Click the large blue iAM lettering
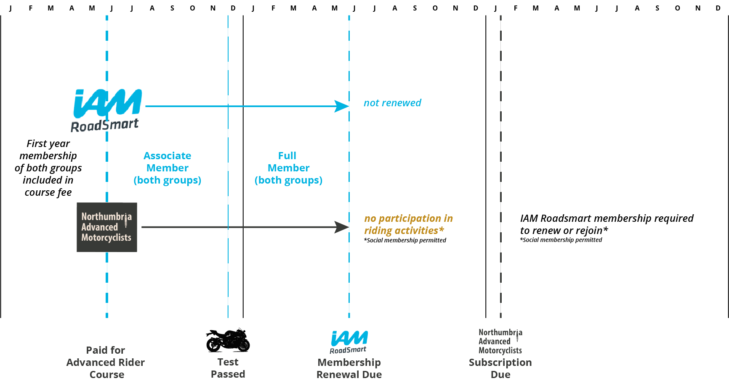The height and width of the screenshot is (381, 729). point(107,103)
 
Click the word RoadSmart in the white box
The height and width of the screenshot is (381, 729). point(104,125)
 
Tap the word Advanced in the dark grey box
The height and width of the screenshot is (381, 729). point(99,227)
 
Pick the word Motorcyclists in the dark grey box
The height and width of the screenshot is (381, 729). point(106,238)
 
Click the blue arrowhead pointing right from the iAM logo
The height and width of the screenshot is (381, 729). point(341,106)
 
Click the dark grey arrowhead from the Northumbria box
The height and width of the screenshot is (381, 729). point(341,227)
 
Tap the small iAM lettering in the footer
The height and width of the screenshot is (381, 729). point(349,339)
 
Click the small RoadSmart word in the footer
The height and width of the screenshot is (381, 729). point(348,350)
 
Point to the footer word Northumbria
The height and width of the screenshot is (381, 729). point(500,332)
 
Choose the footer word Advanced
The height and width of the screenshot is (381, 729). point(494,342)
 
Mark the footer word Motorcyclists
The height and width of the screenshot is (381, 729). point(500,351)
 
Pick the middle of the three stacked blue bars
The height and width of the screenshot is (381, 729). point(309,168)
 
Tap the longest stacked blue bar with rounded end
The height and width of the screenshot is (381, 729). point(302,181)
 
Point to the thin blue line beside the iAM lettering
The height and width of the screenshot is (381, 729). point(186,106)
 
